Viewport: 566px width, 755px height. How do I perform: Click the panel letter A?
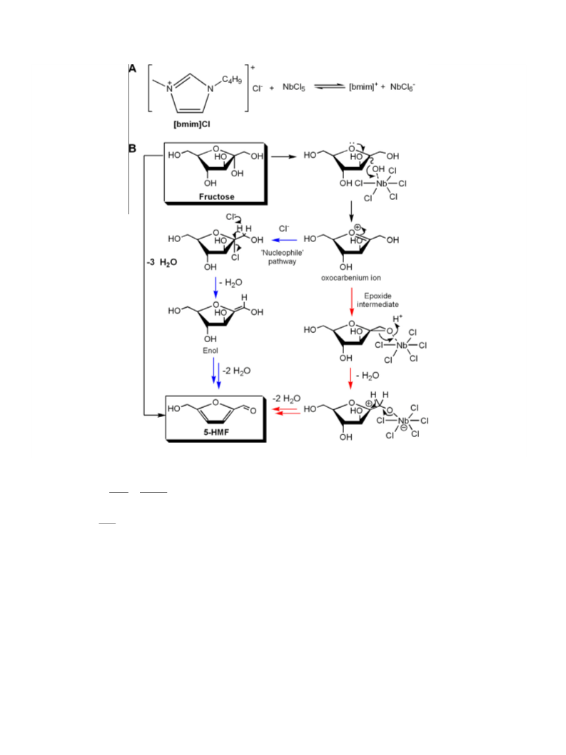[x=132, y=69]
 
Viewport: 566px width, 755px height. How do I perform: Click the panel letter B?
[x=132, y=149]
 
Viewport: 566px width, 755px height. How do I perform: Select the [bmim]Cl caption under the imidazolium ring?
[x=191, y=124]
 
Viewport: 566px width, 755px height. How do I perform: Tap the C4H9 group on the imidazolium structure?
[x=231, y=80]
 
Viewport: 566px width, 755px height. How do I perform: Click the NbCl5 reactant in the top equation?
[x=293, y=87]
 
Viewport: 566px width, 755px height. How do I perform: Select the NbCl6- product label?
[x=403, y=86]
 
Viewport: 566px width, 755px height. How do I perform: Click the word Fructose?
[x=216, y=196]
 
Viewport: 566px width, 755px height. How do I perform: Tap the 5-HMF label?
[x=216, y=432]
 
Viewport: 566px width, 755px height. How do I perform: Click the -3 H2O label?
[x=162, y=262]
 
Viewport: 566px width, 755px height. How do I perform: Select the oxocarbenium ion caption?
[x=351, y=278]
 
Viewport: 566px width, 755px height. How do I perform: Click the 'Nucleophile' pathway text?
[x=282, y=257]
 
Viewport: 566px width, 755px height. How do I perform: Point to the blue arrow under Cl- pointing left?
[x=285, y=240]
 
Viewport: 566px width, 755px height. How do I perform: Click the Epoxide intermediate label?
[x=378, y=300]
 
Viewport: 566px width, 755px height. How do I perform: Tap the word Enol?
[x=211, y=351]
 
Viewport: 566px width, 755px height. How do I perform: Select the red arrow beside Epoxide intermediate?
[x=352, y=302]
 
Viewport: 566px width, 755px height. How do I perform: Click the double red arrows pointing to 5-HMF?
[x=286, y=411]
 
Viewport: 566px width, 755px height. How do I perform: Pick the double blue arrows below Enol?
[x=216, y=374]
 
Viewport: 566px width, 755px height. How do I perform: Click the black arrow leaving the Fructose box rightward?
[x=284, y=156]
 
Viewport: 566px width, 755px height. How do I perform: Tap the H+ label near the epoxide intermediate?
[x=398, y=319]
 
